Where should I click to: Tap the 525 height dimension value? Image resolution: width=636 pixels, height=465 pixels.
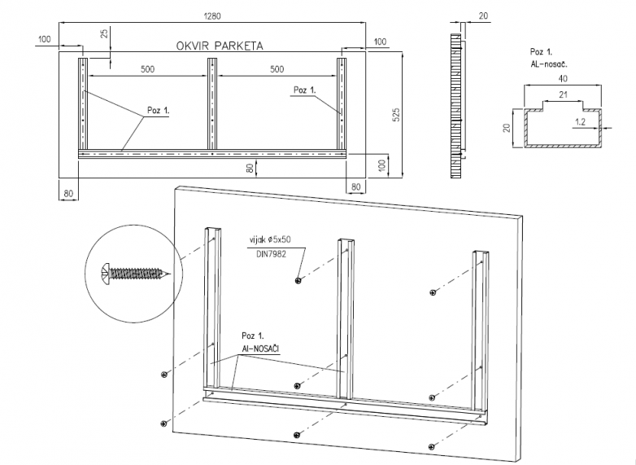click(397, 116)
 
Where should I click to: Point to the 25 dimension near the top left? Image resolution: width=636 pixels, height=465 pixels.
click(104, 34)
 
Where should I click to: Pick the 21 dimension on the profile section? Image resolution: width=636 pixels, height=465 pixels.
click(561, 95)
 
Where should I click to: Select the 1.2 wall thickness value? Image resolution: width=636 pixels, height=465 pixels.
click(580, 121)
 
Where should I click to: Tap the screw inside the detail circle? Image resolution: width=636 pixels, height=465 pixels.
click(137, 273)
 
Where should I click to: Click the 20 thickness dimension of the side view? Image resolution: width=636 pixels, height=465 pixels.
click(484, 16)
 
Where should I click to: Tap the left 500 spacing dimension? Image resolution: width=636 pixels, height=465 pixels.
click(147, 69)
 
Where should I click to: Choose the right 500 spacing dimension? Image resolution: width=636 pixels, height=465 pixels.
click(277, 69)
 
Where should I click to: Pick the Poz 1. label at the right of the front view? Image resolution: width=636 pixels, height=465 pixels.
click(303, 90)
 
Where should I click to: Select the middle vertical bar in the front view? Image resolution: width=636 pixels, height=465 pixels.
click(212, 102)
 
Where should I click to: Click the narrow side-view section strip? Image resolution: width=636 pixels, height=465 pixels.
click(455, 106)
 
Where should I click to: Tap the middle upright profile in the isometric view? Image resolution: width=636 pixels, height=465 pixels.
click(346, 318)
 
